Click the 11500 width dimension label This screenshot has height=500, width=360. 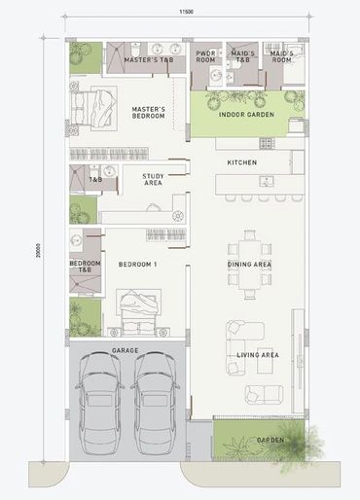[187, 12]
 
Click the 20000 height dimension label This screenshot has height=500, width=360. [38, 251]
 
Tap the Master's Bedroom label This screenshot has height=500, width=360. [148, 113]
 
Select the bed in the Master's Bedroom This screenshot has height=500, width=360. [93, 108]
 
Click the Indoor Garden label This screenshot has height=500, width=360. [246, 115]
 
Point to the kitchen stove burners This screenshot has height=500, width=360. [267, 143]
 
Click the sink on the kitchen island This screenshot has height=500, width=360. [267, 181]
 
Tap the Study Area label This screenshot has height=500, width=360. [153, 179]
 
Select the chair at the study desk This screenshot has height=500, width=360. [153, 207]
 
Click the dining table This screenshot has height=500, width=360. [250, 265]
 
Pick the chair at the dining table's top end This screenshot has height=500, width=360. [250, 234]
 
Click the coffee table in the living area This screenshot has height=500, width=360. [266, 365]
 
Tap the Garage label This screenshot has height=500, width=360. [126, 350]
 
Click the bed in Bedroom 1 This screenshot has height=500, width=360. [139, 312]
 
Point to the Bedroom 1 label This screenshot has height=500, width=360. [137, 265]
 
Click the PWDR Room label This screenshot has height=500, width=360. [205, 56]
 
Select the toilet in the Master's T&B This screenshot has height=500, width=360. [135, 50]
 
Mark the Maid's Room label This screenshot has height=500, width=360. [281, 56]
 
